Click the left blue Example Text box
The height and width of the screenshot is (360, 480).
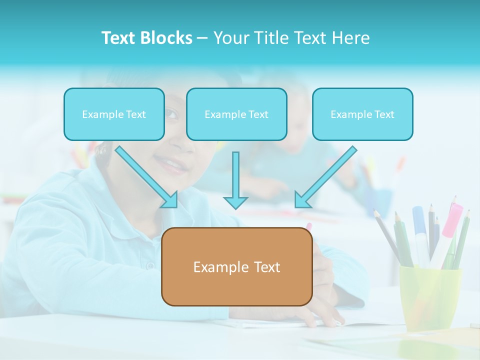click(114, 114)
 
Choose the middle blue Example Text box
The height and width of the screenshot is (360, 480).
click(236, 114)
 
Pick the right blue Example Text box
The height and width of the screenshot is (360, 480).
click(362, 114)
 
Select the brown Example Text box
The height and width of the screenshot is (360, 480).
click(236, 266)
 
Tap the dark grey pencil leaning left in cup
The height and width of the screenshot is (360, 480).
click(387, 235)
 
